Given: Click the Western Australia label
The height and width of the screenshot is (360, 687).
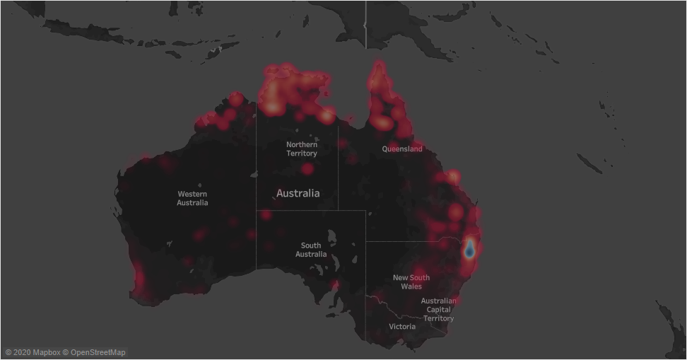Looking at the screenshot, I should coord(192,198).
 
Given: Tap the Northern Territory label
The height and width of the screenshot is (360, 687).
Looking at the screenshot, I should coord(302,149).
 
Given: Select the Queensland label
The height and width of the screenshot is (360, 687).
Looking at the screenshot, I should coord(402,149).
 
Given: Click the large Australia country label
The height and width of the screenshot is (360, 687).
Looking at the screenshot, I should coord(298,193).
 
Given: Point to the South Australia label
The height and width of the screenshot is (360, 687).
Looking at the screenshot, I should coord(311,250).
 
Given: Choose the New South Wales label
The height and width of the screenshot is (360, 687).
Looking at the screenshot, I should coord(411,281).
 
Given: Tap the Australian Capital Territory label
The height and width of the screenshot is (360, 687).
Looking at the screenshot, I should coord(438,310).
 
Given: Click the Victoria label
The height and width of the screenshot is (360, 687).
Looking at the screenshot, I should coord(402,327).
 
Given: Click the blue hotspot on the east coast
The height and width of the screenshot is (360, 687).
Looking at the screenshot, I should coord(469,249).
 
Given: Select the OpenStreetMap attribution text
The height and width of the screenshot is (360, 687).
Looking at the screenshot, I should coord(98,352).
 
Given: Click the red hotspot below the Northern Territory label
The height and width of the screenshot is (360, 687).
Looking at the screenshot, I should coord(307,169).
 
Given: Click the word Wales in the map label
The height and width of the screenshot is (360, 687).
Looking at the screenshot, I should coord(411,286).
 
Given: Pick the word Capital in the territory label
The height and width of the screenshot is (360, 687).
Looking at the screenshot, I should coord(438,310).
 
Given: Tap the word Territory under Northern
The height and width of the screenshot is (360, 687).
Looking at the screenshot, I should coord(302,153).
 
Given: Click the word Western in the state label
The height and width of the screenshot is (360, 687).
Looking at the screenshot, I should coord(192,194).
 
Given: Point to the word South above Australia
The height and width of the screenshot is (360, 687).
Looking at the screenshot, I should coord(311,245).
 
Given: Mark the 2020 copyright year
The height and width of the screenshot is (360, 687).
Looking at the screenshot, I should coord(22,352).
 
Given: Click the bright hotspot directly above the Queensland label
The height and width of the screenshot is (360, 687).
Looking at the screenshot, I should coord(382,123).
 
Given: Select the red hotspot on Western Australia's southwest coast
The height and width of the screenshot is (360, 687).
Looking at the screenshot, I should coord(139,276).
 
